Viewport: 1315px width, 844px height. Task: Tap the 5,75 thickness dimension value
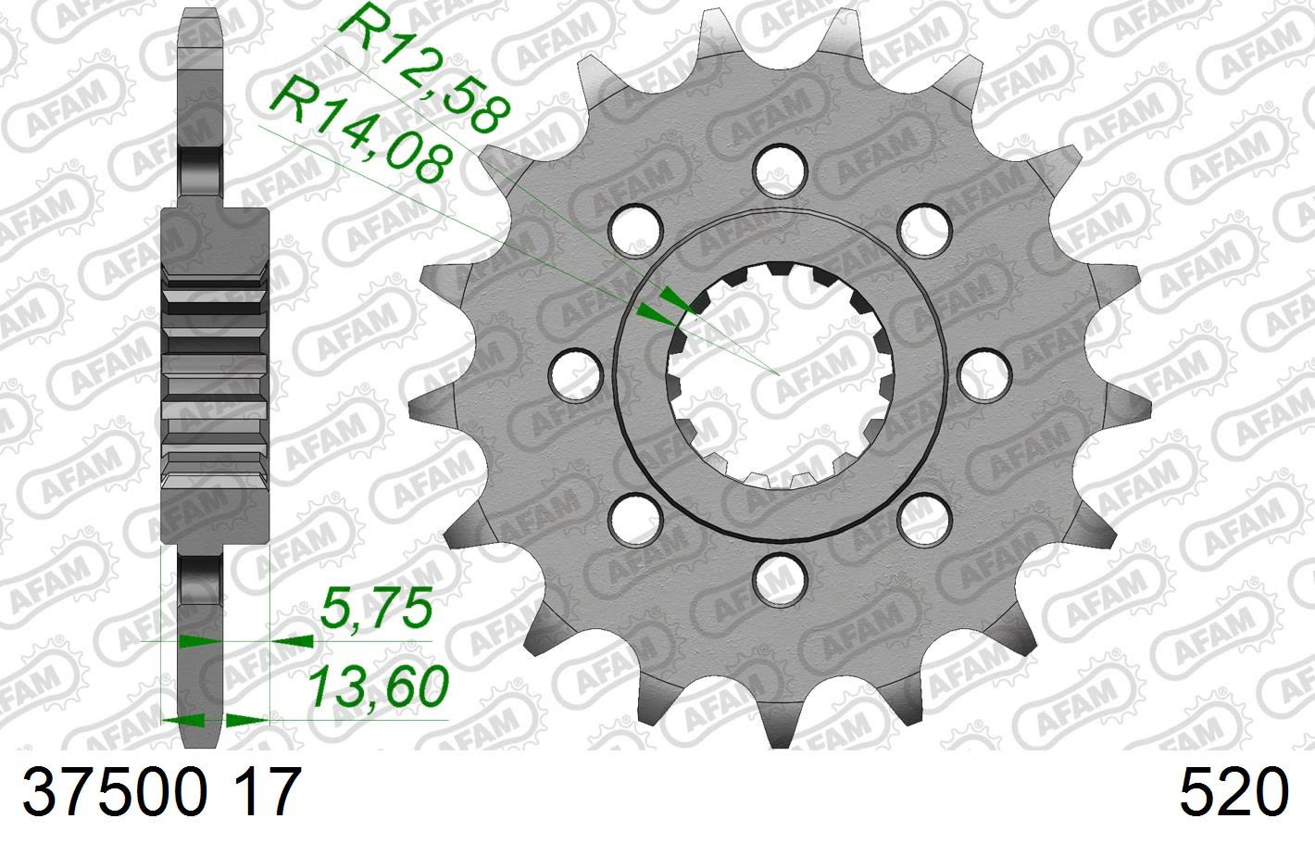[x=374, y=610]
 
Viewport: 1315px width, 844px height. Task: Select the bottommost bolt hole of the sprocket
[x=778, y=579]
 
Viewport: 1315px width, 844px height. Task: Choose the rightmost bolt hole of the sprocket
[x=983, y=373]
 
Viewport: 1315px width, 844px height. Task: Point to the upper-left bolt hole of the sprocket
[x=634, y=227]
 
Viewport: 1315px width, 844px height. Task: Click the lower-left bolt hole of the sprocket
[x=634, y=517]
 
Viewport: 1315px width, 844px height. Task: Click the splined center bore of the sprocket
[x=778, y=373]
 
